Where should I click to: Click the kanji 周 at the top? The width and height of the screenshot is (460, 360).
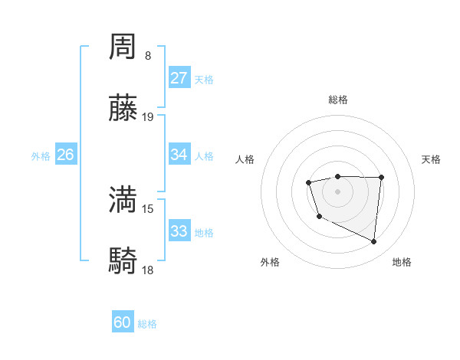(123, 47)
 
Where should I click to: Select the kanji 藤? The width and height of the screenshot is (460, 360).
(123, 109)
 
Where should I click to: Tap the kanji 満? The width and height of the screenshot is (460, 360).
(123, 200)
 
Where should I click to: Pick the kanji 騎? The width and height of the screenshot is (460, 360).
(123, 261)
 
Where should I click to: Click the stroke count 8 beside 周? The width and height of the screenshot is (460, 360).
(148, 56)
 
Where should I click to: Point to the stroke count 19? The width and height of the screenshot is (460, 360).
(148, 117)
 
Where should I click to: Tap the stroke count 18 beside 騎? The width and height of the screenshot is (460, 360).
(148, 270)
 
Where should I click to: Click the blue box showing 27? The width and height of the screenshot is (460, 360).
(179, 78)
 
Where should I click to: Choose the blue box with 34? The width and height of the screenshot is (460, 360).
(179, 155)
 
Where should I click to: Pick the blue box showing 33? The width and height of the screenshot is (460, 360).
(179, 231)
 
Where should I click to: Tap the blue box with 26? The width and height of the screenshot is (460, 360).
(65, 155)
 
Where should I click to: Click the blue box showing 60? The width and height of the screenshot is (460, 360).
(123, 323)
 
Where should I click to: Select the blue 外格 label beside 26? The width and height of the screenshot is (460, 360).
(41, 156)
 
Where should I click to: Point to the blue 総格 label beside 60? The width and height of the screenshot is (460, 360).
(147, 325)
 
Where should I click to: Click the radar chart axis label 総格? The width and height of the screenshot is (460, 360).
(337, 100)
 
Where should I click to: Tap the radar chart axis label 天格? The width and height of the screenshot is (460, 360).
(431, 159)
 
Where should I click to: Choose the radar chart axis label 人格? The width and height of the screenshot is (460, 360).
(245, 159)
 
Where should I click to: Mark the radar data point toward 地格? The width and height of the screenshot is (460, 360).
(374, 242)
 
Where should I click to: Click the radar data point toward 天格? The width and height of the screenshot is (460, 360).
(382, 177)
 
